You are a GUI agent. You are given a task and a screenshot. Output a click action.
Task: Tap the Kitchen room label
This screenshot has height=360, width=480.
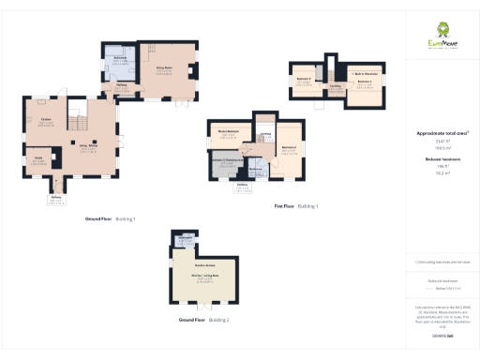tap(45, 119)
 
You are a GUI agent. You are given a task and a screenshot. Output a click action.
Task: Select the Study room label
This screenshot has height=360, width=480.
tap(39, 157)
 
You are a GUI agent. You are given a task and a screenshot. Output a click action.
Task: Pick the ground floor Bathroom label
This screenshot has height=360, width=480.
tap(120, 59)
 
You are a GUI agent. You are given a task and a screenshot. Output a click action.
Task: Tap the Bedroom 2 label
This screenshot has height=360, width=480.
tap(290, 148)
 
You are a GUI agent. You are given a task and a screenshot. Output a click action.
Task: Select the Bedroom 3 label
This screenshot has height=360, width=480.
tap(302, 78)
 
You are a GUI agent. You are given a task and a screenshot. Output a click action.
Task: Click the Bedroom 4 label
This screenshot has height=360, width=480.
tap(364, 82)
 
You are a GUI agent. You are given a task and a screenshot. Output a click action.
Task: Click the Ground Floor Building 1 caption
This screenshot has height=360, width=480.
tap(111, 218)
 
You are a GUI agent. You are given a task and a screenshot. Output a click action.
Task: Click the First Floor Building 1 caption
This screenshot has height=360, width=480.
tap(295, 205)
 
